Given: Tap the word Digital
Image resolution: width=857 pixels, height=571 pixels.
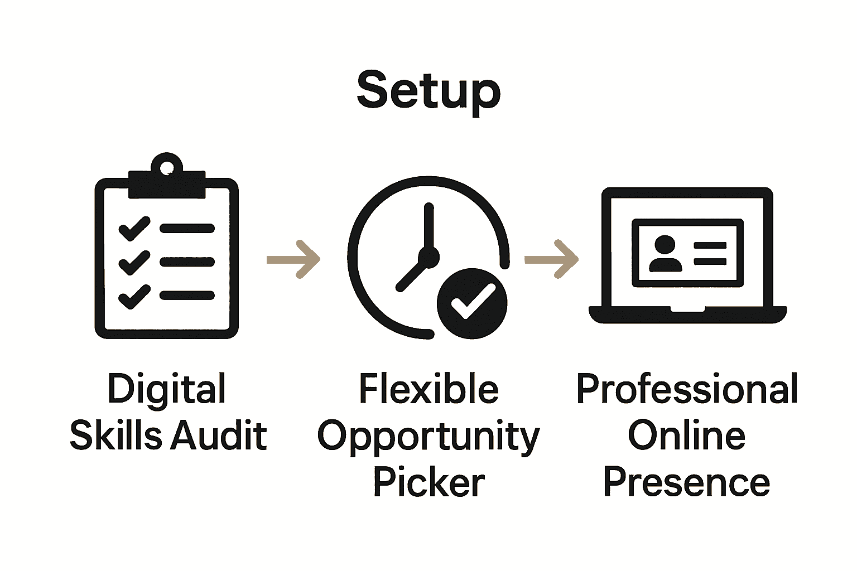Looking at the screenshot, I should (x=166, y=390).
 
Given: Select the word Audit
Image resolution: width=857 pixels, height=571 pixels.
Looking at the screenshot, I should (x=218, y=435).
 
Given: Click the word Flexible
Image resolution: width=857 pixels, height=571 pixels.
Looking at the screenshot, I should (x=428, y=389).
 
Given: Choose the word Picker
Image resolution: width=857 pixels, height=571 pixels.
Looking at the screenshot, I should (x=428, y=483).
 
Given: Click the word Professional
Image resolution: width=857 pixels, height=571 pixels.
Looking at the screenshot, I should (x=687, y=389).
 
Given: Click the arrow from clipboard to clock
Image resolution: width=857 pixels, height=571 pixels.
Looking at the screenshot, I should (x=293, y=259).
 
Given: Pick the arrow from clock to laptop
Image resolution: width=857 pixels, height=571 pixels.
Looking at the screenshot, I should (x=551, y=259).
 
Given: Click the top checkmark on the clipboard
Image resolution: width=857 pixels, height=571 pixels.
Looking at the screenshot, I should (x=134, y=229).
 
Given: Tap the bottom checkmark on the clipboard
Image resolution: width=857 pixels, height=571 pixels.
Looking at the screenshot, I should (x=134, y=296).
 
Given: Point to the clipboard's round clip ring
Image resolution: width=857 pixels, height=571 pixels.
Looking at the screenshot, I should (x=166, y=166).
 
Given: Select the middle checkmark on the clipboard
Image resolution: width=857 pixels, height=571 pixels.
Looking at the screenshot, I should (x=134, y=263).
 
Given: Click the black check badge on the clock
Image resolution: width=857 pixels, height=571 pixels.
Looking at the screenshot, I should (x=473, y=304).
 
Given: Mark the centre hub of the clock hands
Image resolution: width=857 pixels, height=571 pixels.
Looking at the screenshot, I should (x=429, y=257).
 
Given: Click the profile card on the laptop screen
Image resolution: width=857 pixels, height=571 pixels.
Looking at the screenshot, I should (x=687, y=253).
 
